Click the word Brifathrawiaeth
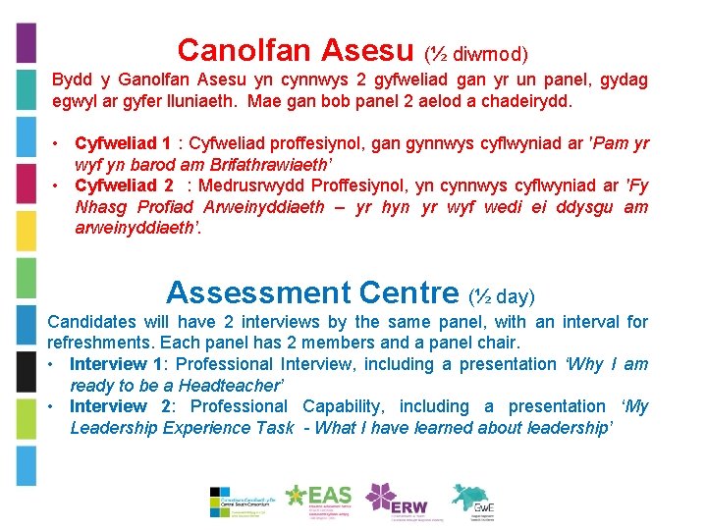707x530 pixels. coord(266,165)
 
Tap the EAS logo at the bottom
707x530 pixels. coord(318,501)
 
